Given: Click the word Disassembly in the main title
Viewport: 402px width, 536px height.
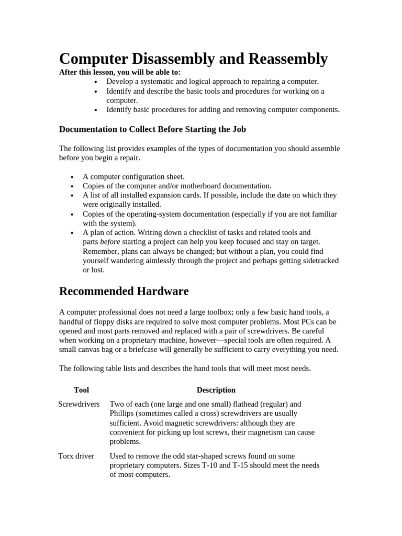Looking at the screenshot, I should point(172,59).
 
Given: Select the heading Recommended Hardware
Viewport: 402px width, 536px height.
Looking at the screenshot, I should point(124,291).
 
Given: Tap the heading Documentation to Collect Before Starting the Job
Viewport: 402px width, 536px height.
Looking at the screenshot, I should point(152,129).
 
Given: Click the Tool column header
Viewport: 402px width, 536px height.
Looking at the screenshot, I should point(82,390).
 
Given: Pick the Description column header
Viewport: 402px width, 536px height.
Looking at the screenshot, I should point(216,390).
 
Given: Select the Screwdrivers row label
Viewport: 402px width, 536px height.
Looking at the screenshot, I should point(79,404).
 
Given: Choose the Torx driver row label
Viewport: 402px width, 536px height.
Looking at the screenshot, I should point(76,456).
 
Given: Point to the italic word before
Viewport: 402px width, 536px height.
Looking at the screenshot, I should point(110,242).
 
